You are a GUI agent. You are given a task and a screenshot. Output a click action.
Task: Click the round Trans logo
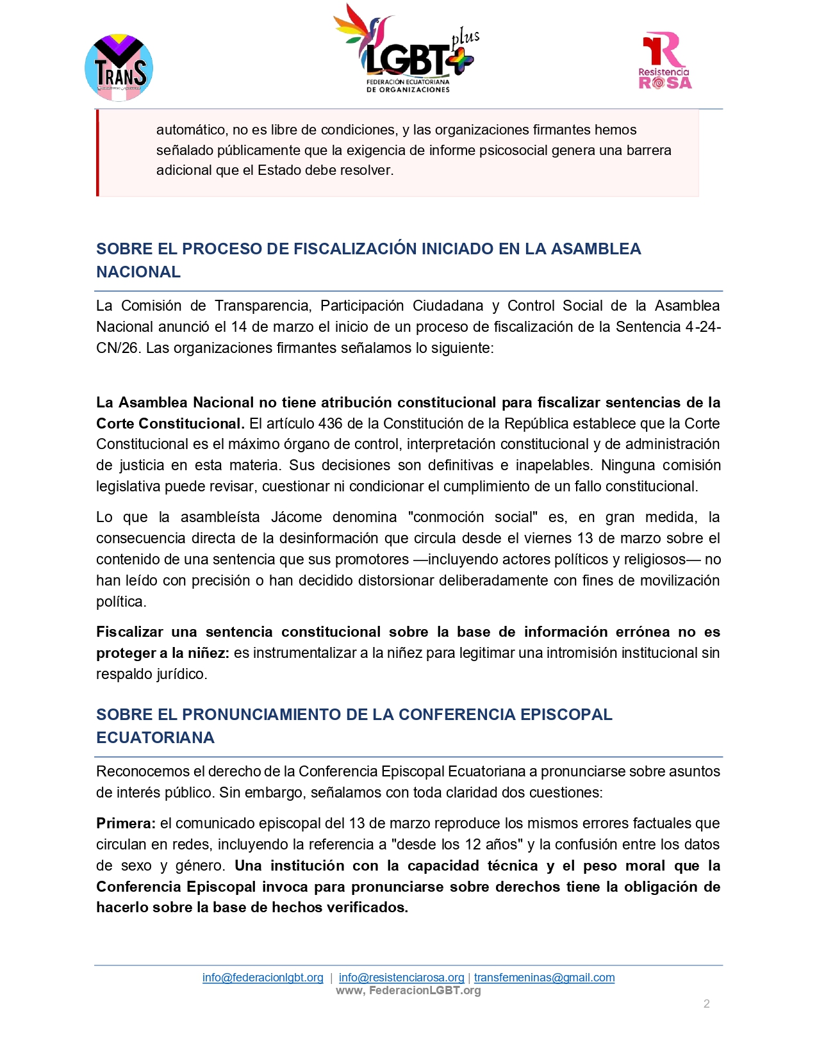pos(119,68)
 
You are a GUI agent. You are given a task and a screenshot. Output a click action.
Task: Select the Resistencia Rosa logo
pos(665,61)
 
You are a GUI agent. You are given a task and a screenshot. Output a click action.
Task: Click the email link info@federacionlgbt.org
pos(263,978)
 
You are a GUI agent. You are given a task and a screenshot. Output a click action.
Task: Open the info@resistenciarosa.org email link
pos(401,978)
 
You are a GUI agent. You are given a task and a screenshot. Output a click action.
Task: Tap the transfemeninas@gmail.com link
pos(544,978)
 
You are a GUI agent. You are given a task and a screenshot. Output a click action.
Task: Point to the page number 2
pos(706,1004)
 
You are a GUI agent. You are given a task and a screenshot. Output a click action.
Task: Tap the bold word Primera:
pos(126,823)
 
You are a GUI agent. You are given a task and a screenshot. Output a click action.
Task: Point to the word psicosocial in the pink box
pos(507,150)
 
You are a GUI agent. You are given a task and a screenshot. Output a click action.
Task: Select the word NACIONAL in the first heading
pos(138,272)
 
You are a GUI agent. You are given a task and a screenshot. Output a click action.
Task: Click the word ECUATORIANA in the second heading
pos(155,738)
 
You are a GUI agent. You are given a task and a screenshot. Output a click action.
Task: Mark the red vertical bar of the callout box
pos(97,152)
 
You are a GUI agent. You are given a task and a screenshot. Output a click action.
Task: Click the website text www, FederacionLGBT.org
pos(408,990)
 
